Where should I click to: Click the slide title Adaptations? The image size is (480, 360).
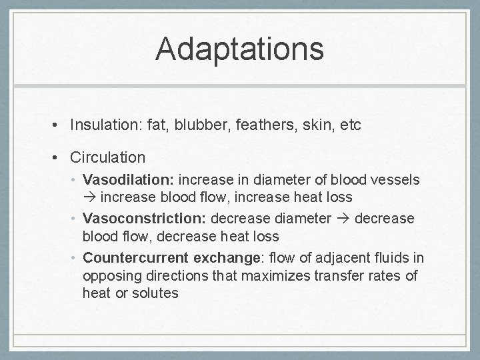point(239,49)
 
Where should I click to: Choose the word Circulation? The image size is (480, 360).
point(107,157)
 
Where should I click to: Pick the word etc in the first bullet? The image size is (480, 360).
point(350,125)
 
